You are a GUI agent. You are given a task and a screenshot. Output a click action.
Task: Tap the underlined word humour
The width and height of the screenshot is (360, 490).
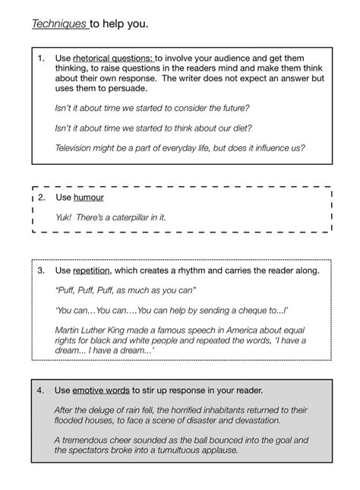click(88, 198)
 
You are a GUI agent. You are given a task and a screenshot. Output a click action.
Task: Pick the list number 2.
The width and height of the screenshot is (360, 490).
click(41, 198)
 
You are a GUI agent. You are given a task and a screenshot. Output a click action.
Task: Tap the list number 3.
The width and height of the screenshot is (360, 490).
click(41, 270)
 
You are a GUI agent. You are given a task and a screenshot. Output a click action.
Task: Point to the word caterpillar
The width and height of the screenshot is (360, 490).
click(130, 217)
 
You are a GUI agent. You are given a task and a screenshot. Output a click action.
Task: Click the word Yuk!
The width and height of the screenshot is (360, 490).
click(64, 217)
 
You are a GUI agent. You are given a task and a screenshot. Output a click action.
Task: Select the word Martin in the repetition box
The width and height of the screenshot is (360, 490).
click(70, 329)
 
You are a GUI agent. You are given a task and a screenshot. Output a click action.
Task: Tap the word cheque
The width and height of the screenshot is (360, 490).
click(253, 310)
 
